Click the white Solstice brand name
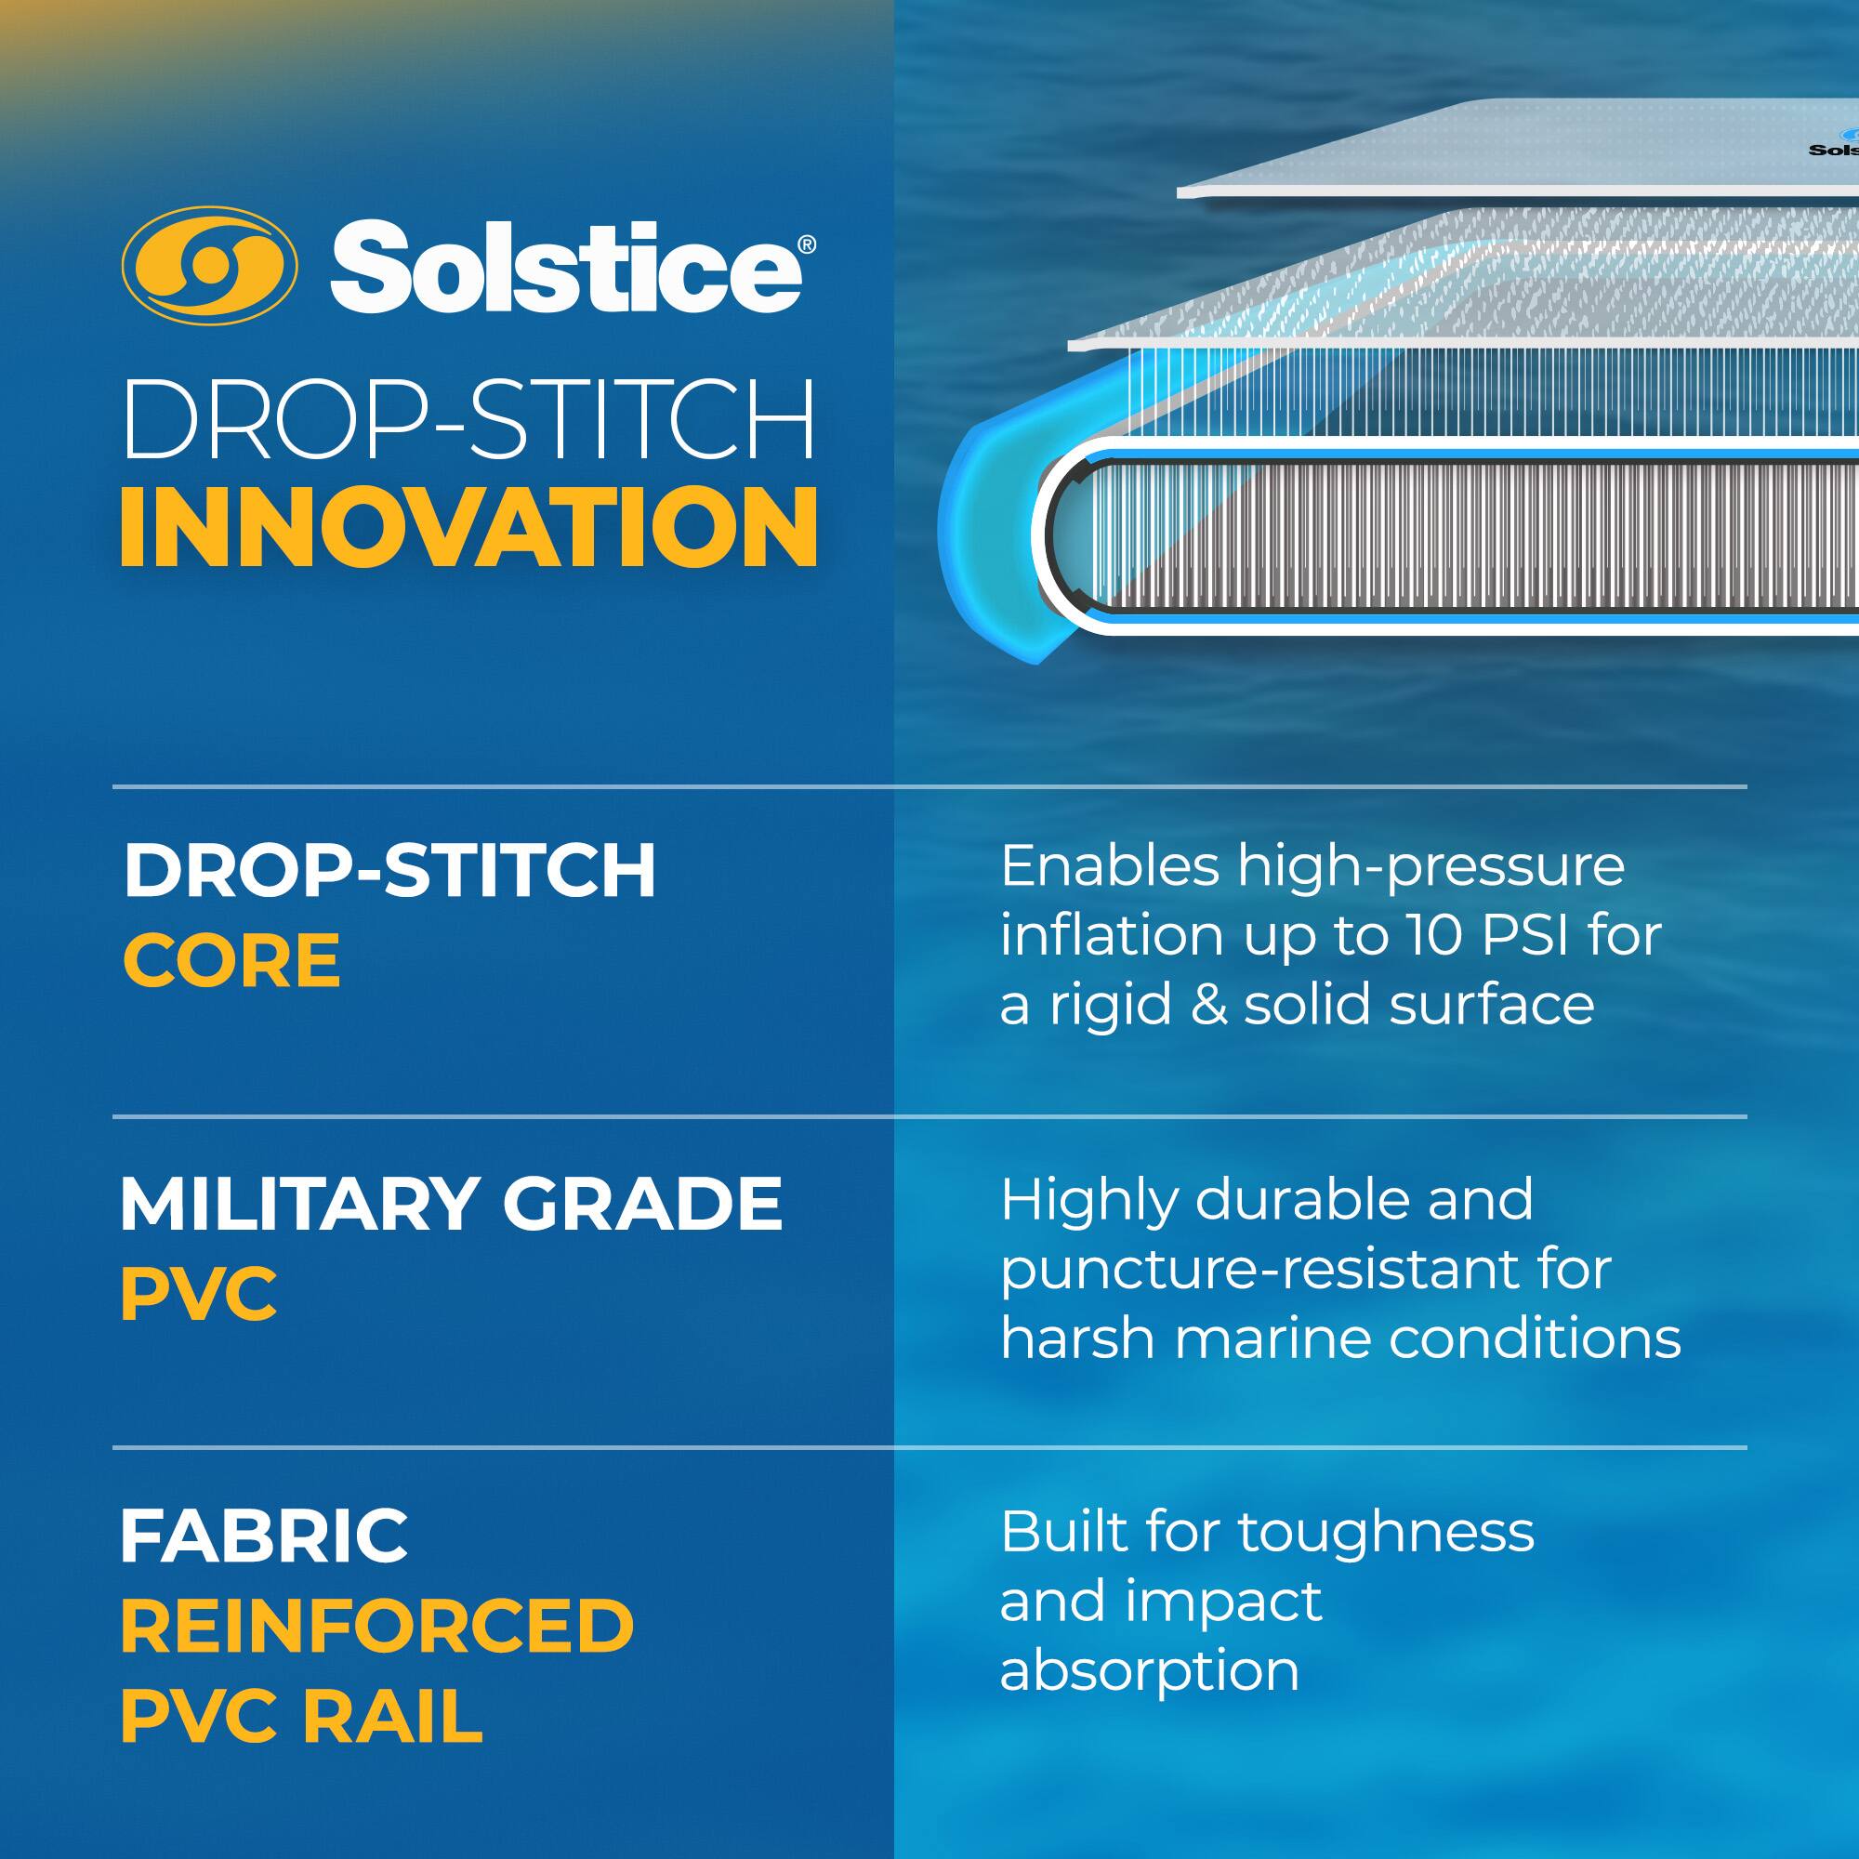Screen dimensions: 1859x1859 pyautogui.click(x=565, y=267)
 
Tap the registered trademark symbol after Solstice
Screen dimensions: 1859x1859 pyautogui.click(x=808, y=245)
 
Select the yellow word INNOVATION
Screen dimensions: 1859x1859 pyautogui.click(x=468, y=527)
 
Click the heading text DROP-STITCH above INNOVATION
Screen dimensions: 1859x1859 pyautogui.click(x=468, y=420)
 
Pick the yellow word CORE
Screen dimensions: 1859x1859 pyautogui.click(x=231, y=960)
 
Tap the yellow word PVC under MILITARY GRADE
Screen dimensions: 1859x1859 pyautogui.click(x=198, y=1294)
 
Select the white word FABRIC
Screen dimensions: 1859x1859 pyautogui.click(x=264, y=1536)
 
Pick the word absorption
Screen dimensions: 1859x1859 pyautogui.click(x=1149, y=1671)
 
